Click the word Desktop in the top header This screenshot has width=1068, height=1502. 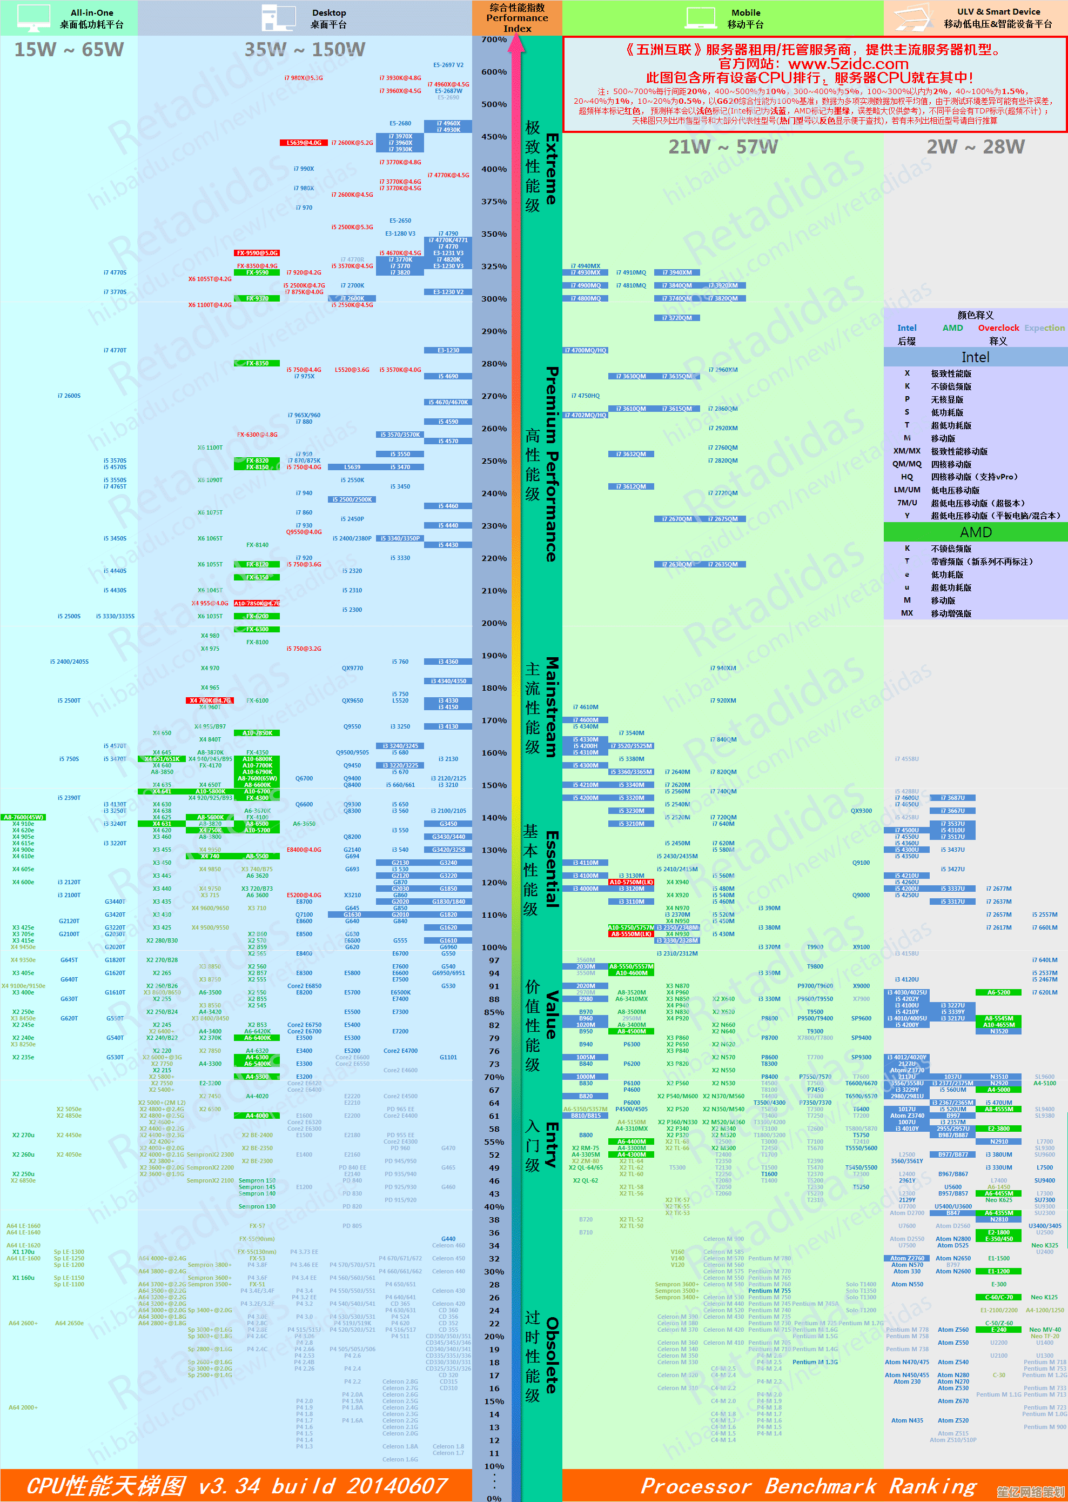(x=329, y=12)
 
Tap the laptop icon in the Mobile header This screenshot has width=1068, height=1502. (x=700, y=17)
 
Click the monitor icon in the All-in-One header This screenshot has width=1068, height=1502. (x=33, y=18)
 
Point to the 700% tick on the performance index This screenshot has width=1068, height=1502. (x=494, y=39)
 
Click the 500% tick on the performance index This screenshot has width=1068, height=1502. (x=494, y=104)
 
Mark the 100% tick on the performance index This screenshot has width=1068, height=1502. (x=494, y=947)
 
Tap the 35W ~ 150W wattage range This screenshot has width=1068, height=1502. (x=305, y=49)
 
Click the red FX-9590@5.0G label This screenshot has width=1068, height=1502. (x=257, y=252)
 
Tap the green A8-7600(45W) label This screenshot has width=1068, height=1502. (x=24, y=817)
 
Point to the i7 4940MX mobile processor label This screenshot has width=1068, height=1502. (x=585, y=266)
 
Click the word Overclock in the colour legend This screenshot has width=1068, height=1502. (x=998, y=328)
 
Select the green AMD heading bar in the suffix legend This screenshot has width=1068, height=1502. (x=975, y=532)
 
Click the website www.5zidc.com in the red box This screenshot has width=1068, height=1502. (x=848, y=64)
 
